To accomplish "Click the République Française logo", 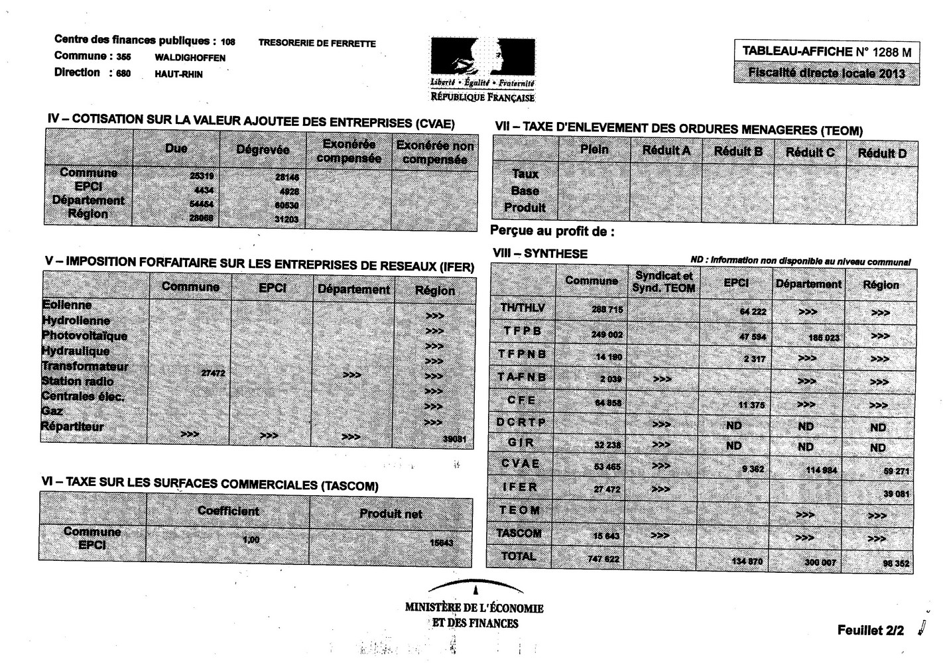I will point(482,69).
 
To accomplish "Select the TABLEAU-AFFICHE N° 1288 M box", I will point(826,52).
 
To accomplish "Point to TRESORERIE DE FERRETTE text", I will point(317,44).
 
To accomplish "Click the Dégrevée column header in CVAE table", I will point(263,150).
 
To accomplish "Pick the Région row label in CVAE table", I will point(88,213).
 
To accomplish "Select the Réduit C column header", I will point(810,152).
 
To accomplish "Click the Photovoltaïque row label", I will point(85,335).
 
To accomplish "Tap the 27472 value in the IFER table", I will point(213,373).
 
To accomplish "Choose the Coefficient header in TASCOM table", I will point(228,511).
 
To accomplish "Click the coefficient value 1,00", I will point(251,540).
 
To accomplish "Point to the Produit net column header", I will point(391,513).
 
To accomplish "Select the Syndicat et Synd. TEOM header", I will point(663,282).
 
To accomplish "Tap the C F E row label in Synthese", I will point(521,400).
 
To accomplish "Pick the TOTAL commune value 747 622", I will point(603,559).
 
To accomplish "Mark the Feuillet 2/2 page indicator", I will point(870,631).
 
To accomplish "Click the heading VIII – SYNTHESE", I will point(540,253).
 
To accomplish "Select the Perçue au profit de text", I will point(552,231).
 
